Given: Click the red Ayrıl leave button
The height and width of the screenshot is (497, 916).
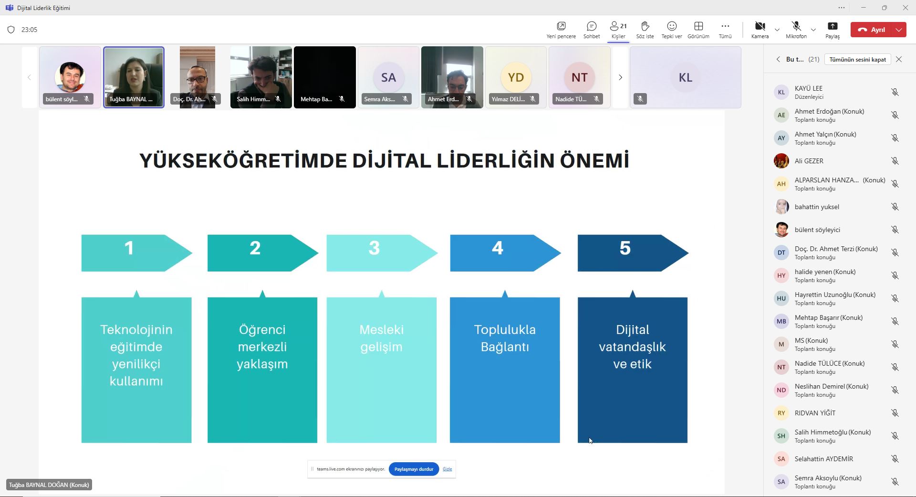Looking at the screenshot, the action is point(872,30).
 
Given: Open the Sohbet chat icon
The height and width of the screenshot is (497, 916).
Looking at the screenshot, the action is point(592,26).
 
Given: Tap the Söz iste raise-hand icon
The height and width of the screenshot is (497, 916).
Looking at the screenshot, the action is point(645,26).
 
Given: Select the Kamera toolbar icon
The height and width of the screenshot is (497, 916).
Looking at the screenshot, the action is point(760,26).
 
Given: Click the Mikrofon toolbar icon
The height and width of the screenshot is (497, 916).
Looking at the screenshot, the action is point(796,26).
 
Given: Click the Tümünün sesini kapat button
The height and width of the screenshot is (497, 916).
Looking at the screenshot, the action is point(857,59).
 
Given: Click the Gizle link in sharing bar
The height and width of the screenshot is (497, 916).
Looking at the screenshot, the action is point(447,469).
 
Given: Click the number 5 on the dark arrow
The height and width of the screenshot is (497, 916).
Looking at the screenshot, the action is point(625,248).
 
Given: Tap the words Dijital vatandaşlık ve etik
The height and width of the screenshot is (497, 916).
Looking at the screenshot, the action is point(633,347).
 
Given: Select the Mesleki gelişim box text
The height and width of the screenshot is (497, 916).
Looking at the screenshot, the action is point(382,338).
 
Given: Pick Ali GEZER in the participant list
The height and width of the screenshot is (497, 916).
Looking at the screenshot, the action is point(809,161).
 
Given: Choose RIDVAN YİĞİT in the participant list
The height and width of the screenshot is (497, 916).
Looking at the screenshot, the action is point(815,413).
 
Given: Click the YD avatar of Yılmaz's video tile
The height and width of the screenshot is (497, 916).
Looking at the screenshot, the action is point(516,77).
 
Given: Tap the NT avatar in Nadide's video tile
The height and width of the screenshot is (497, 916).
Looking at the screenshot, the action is point(580,77).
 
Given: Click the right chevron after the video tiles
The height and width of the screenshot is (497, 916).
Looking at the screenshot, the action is point(620,77).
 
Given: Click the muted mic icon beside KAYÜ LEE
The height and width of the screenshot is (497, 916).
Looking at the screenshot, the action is point(895,92).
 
